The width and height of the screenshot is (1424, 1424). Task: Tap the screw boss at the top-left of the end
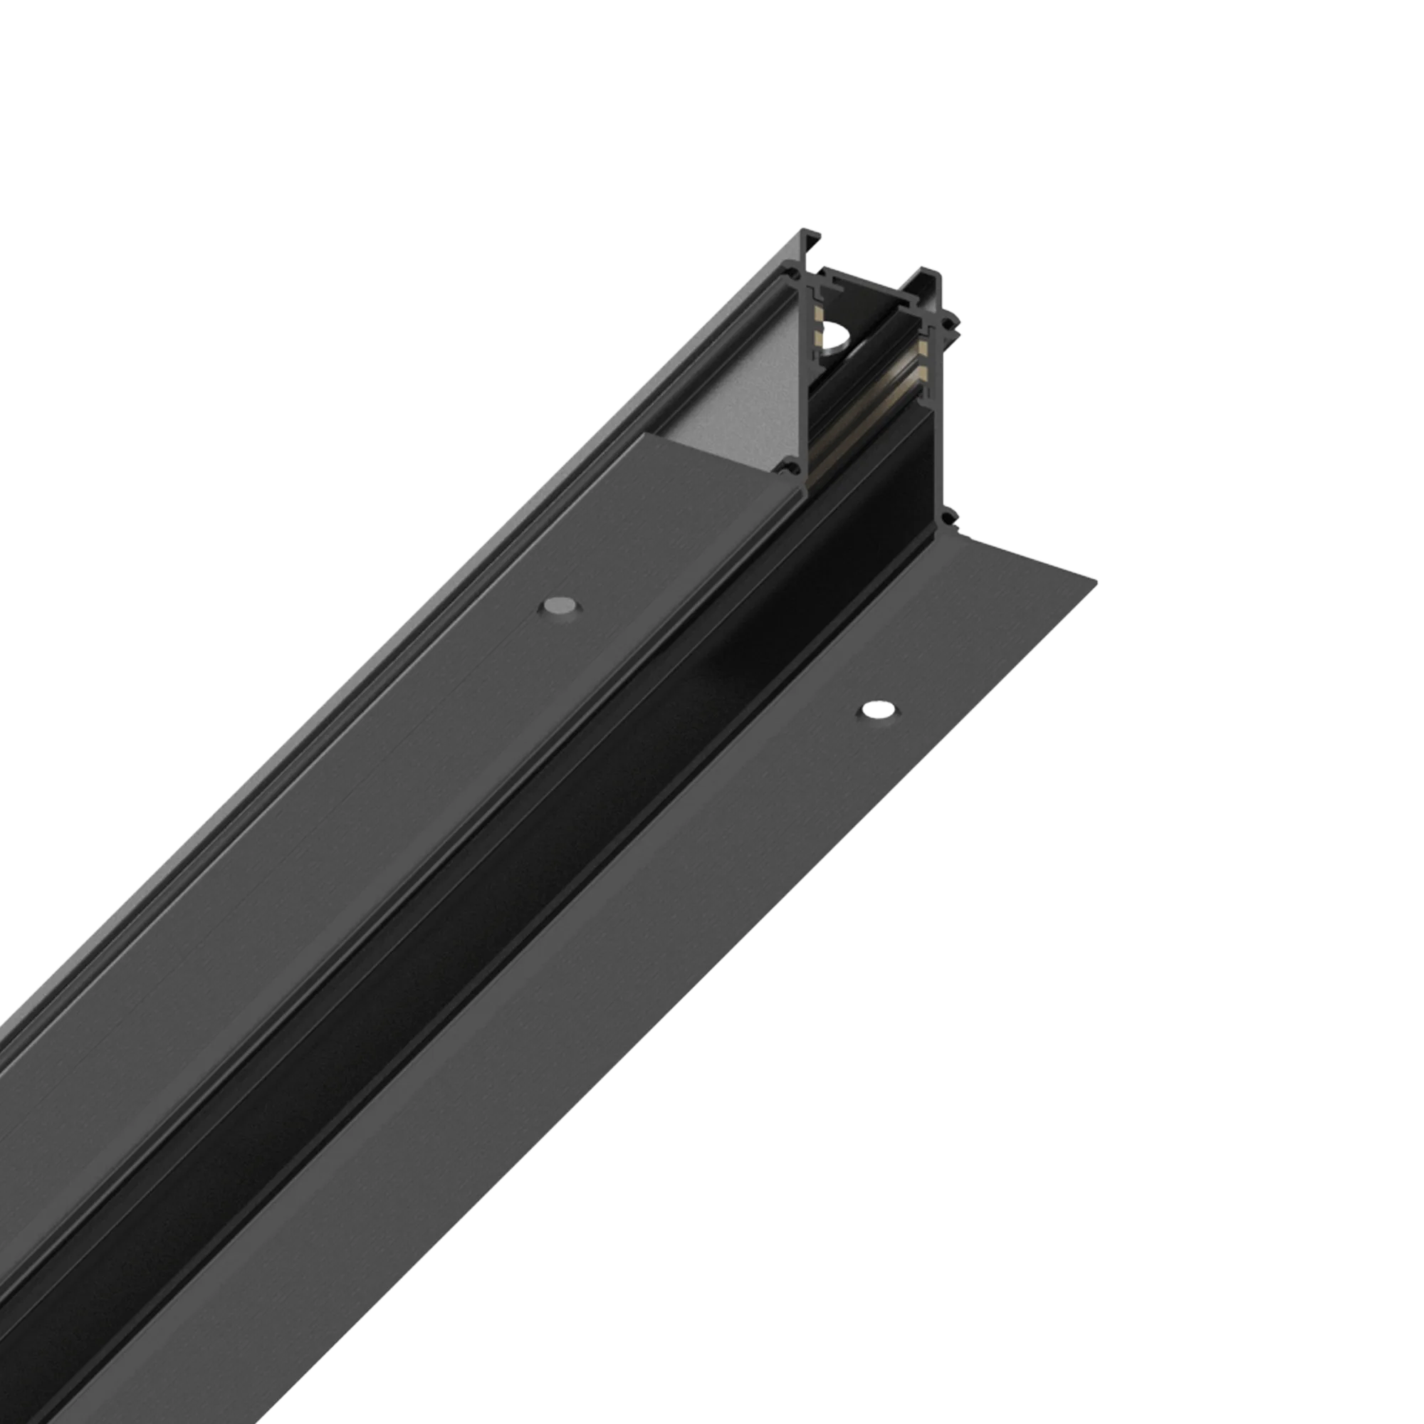coord(795,276)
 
